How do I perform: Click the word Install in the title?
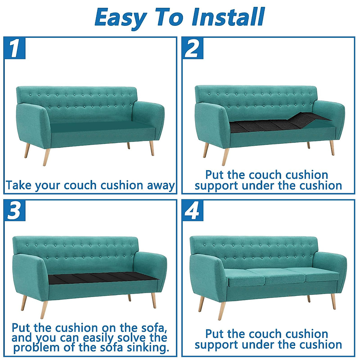(x=228, y=17)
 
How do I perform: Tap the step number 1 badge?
(x=15, y=48)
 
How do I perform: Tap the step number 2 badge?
(x=193, y=48)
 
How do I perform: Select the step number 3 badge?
(x=15, y=210)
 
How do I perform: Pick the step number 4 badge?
(x=193, y=210)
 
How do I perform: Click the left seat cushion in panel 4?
(x=244, y=277)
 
